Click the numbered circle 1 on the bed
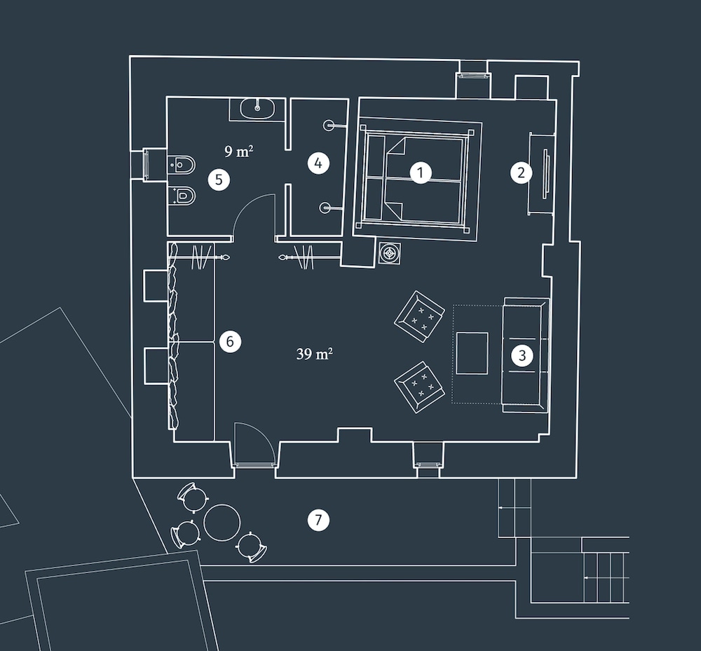point(421,173)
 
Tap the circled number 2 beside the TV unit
point(522,173)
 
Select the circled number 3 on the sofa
point(522,356)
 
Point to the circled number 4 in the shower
point(318,163)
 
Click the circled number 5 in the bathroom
point(219,180)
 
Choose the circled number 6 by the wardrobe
point(230,342)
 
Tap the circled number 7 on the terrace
point(318,520)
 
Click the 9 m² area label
point(239,152)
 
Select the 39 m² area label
point(314,354)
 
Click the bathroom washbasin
point(257,108)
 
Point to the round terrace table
point(222,522)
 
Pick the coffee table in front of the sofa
point(472,353)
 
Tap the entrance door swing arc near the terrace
point(254,443)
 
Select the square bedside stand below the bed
point(389,253)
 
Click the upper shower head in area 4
point(329,125)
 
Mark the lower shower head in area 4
point(325,208)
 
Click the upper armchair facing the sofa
point(419,316)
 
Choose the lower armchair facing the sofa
point(419,387)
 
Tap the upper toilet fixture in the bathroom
point(182,165)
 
